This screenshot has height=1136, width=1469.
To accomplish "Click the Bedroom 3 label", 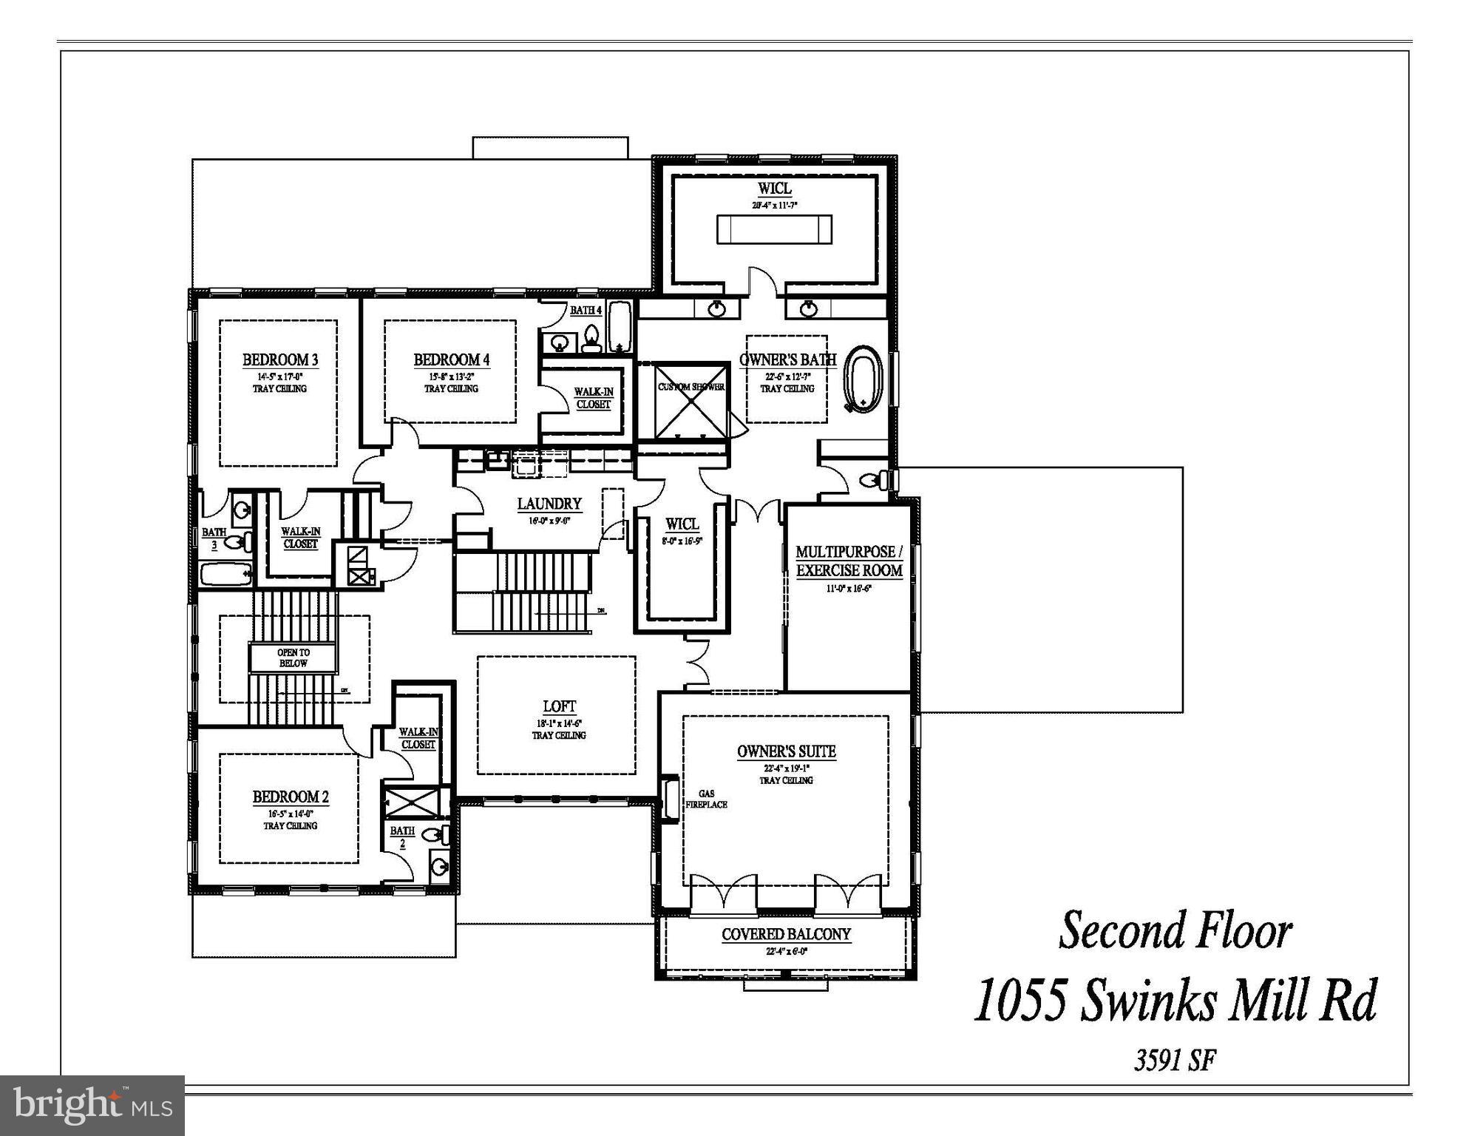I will click(280, 360).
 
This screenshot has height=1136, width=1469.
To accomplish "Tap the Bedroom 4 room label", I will click(451, 360).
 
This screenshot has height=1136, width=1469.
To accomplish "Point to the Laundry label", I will click(549, 504).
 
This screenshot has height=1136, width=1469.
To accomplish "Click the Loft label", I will click(559, 707).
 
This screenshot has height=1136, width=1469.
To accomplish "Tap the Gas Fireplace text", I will click(706, 799).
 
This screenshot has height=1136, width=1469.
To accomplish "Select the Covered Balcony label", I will click(786, 935).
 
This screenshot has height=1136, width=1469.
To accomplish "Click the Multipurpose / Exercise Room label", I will click(849, 561).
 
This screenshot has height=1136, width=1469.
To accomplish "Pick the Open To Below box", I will click(293, 657).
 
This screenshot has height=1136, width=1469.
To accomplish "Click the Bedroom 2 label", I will click(291, 797).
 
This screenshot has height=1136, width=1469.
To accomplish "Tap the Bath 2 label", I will click(402, 836).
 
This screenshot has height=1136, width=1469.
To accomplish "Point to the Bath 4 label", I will click(586, 311).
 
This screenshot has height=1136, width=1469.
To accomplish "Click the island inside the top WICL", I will click(774, 229).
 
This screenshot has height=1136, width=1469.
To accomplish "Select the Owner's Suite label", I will click(786, 752).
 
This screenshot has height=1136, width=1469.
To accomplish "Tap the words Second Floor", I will click(1175, 930).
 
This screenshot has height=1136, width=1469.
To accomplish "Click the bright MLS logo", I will click(92, 1106).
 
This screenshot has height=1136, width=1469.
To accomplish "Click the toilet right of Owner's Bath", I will click(875, 481).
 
